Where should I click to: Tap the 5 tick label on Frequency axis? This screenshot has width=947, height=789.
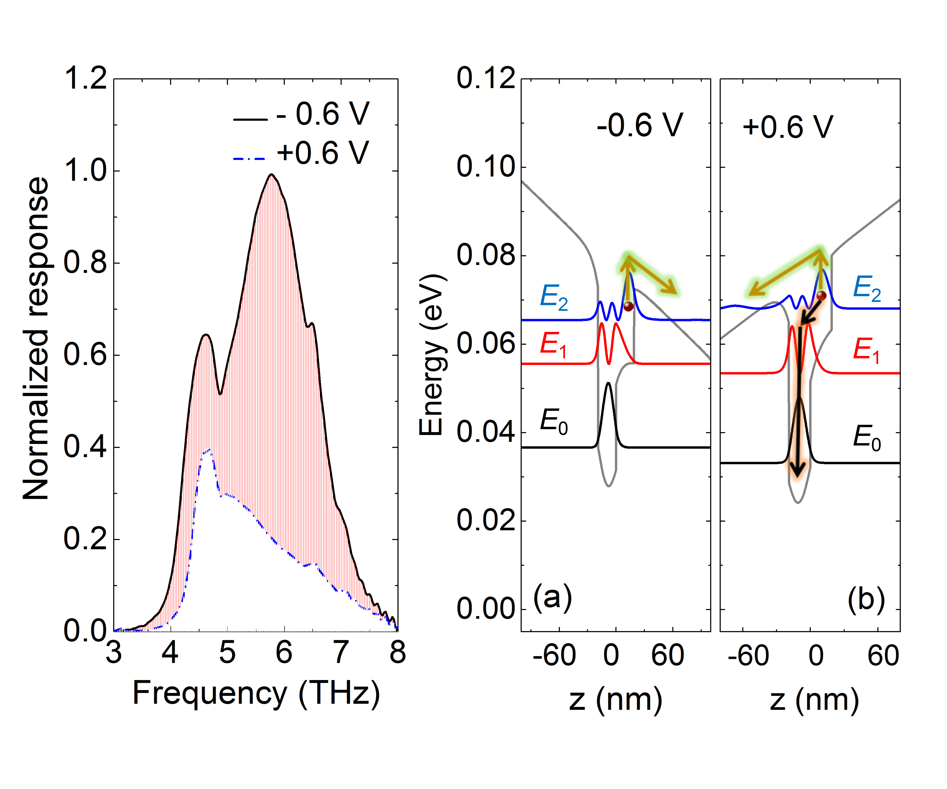[227, 653]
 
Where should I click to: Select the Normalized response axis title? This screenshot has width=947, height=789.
[36, 338]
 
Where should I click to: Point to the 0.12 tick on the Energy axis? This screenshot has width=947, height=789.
[486, 78]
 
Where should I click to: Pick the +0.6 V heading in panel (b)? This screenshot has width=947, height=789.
[787, 127]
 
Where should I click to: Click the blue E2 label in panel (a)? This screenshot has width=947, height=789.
[554, 298]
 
